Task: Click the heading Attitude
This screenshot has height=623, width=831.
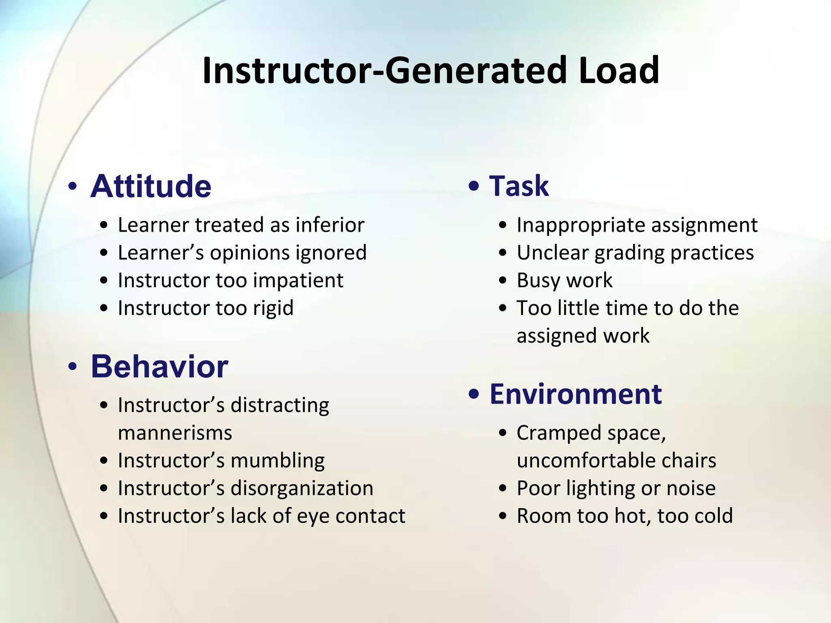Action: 151,187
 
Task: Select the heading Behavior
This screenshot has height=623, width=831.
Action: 159,367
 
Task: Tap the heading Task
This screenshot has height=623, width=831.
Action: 519,186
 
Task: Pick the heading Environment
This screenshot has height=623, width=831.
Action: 576,394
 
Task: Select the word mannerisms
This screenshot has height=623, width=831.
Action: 175,433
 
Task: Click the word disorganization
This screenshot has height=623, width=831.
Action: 302,488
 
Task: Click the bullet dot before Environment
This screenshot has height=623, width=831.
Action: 474,394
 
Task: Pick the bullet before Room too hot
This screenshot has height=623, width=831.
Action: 503,516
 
